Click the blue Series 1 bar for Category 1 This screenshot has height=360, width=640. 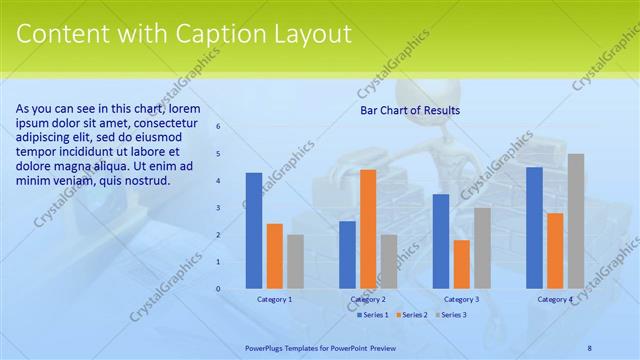click(x=254, y=231)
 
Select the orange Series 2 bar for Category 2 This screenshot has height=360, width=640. click(x=368, y=229)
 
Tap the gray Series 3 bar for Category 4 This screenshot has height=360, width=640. click(x=575, y=221)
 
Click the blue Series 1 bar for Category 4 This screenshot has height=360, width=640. click(x=534, y=228)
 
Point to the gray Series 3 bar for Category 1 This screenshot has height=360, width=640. click(x=295, y=262)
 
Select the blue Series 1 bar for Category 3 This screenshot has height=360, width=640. click(x=441, y=241)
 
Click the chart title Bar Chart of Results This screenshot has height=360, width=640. click(x=410, y=111)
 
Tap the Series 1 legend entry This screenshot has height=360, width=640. click(x=373, y=315)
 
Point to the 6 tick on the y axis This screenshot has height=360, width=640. click(x=219, y=127)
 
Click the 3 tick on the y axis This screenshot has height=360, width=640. click(x=219, y=208)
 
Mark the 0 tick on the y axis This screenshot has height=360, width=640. click(x=219, y=289)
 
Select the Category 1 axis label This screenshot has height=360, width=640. click(x=275, y=299)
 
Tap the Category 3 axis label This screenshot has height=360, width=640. click(x=461, y=299)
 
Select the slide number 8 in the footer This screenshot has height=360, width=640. click(x=590, y=346)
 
